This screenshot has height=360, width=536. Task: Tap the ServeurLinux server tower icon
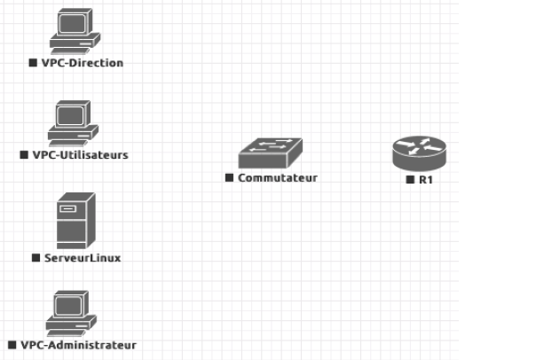click(75, 220)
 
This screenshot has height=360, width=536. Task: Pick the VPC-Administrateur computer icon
click(71, 312)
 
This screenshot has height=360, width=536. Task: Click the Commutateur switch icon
click(271, 153)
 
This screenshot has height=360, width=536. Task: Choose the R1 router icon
click(420, 153)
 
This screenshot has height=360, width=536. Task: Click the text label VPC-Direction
click(82, 63)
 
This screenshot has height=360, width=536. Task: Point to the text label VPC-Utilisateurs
click(80, 154)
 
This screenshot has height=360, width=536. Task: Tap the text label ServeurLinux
click(82, 258)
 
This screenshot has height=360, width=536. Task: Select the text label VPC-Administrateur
click(78, 344)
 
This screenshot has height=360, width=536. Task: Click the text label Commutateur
click(278, 177)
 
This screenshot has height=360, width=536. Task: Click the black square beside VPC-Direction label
click(33, 63)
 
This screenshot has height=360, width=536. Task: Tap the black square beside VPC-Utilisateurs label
click(24, 154)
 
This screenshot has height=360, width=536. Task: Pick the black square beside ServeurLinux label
click(35, 258)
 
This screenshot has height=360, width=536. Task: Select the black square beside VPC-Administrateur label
click(12, 344)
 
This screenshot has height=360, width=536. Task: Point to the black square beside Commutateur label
click(229, 177)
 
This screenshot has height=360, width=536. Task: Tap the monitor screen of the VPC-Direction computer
click(71, 22)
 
